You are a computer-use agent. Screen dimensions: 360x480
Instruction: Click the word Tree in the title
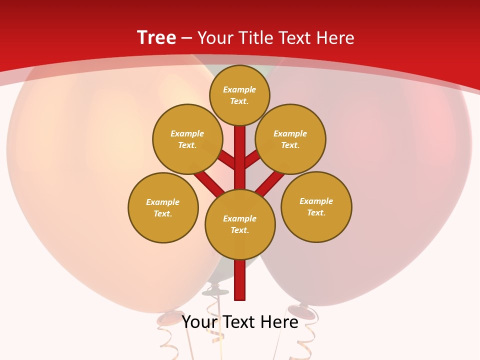[x=156, y=37]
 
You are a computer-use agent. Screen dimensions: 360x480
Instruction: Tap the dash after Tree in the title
[x=186, y=38]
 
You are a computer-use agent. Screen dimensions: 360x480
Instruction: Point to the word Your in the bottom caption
[x=200, y=322]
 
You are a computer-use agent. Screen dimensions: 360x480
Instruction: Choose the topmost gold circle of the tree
[x=239, y=95]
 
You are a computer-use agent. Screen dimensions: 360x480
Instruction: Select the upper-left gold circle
[x=187, y=139]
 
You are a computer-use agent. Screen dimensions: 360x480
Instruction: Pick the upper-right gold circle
[x=290, y=139]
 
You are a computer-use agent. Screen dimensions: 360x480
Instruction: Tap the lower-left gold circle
[x=163, y=207]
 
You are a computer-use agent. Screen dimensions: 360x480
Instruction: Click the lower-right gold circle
[x=316, y=206]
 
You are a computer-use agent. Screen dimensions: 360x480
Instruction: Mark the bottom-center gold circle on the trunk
[x=240, y=224]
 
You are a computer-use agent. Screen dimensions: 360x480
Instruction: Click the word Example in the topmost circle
[x=239, y=90]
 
